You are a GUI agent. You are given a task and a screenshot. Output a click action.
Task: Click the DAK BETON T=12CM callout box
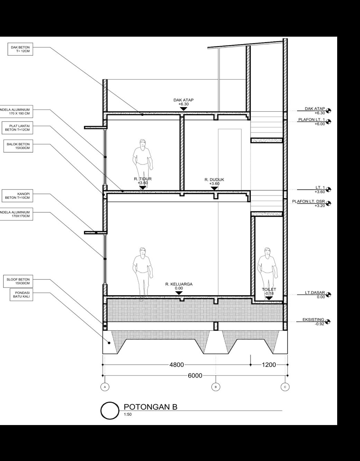tap(20, 49)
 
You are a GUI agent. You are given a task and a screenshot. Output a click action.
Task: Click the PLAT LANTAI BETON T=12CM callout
tap(18, 128)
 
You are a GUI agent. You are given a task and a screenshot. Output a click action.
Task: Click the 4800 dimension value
tap(177, 365)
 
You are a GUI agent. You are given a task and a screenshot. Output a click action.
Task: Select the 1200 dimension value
tap(269, 365)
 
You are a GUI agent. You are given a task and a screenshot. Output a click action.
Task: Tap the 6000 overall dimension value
tap(195, 376)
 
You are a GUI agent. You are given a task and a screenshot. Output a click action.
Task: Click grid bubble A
tap(104, 387)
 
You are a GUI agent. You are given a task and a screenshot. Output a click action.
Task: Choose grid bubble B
tap(215, 387)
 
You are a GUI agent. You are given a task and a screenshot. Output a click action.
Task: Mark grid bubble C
tap(285, 387)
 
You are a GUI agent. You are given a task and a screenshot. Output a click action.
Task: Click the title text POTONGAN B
tap(150, 407)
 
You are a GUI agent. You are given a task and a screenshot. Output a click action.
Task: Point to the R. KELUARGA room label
tap(179, 284)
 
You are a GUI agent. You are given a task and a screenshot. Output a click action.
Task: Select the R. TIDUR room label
tap(143, 179)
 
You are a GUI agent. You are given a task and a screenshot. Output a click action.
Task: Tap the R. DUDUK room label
tap(214, 180)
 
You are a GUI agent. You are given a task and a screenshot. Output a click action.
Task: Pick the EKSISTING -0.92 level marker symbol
tap(327, 322)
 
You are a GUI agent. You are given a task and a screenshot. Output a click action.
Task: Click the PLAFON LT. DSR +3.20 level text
tap(308, 203)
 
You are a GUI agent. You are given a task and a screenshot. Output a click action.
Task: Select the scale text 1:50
tap(128, 414)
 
